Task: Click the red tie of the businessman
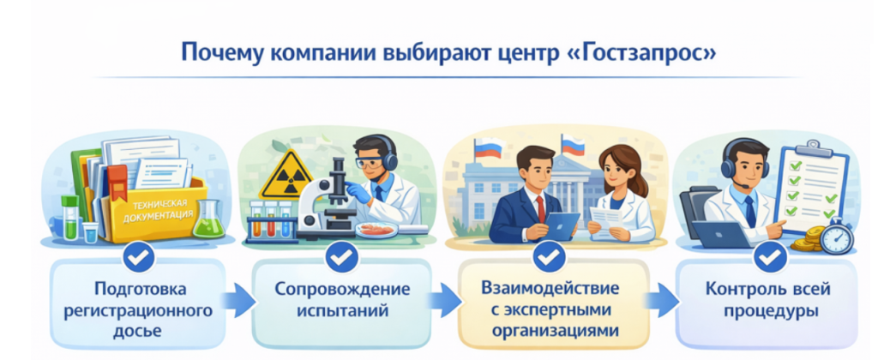(x=540, y=209)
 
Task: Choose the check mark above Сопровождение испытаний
(x=341, y=257)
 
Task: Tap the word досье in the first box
(x=137, y=331)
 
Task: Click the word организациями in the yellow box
(x=555, y=330)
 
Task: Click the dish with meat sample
(x=376, y=230)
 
